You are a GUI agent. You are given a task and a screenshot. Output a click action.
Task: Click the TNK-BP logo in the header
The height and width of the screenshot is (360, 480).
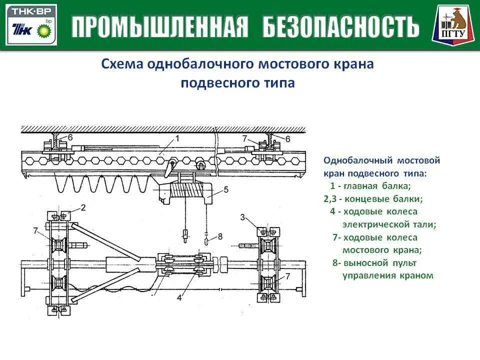point(31,24)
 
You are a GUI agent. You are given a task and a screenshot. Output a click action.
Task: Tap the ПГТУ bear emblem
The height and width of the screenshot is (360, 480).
point(452,24)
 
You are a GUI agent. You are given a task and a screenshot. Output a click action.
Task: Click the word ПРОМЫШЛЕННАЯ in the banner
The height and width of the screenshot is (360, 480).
point(160,26)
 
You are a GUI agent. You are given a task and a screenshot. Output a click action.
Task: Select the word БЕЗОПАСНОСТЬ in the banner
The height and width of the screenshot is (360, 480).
point(341,26)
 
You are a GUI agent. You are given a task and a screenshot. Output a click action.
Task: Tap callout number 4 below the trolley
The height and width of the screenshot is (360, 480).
point(179,298)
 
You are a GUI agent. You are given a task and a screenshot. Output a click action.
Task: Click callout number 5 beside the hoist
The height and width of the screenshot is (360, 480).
point(226,189)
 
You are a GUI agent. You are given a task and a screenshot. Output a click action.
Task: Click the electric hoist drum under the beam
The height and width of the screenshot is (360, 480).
point(188,190)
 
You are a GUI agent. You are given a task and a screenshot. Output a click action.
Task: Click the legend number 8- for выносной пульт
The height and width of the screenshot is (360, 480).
point(337,262)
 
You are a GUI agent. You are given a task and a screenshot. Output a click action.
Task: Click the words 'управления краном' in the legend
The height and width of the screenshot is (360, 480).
point(387,275)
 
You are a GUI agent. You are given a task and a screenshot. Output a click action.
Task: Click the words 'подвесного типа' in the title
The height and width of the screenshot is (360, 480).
point(237,83)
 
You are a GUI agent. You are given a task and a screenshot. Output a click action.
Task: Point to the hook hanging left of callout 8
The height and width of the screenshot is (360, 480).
point(186,233)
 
